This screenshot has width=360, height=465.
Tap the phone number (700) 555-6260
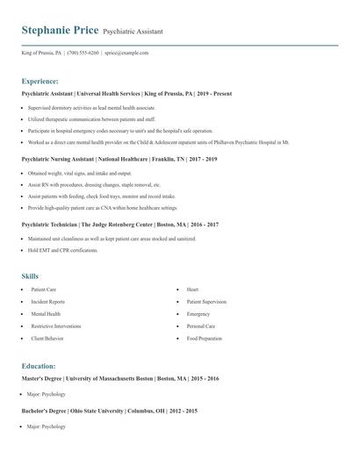tap(83, 53)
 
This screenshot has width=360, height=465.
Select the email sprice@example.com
tap(126, 53)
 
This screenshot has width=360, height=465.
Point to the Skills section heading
tap(30, 276)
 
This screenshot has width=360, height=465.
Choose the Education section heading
tap(39, 365)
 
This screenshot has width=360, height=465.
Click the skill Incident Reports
tap(48, 301)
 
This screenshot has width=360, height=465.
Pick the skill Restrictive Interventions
tap(57, 325)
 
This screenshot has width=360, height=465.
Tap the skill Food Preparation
tap(204, 338)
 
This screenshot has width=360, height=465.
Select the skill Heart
tap(192, 289)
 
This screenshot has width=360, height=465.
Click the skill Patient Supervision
tap(206, 301)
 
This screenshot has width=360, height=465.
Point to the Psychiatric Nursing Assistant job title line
tap(119, 159)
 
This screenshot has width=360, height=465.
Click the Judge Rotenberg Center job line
tap(119, 225)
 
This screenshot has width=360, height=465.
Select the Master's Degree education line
tap(120, 378)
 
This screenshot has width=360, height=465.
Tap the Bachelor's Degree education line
tap(109, 411)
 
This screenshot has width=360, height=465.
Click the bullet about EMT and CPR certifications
tap(62, 250)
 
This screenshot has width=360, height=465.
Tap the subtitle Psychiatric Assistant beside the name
tap(133, 32)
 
